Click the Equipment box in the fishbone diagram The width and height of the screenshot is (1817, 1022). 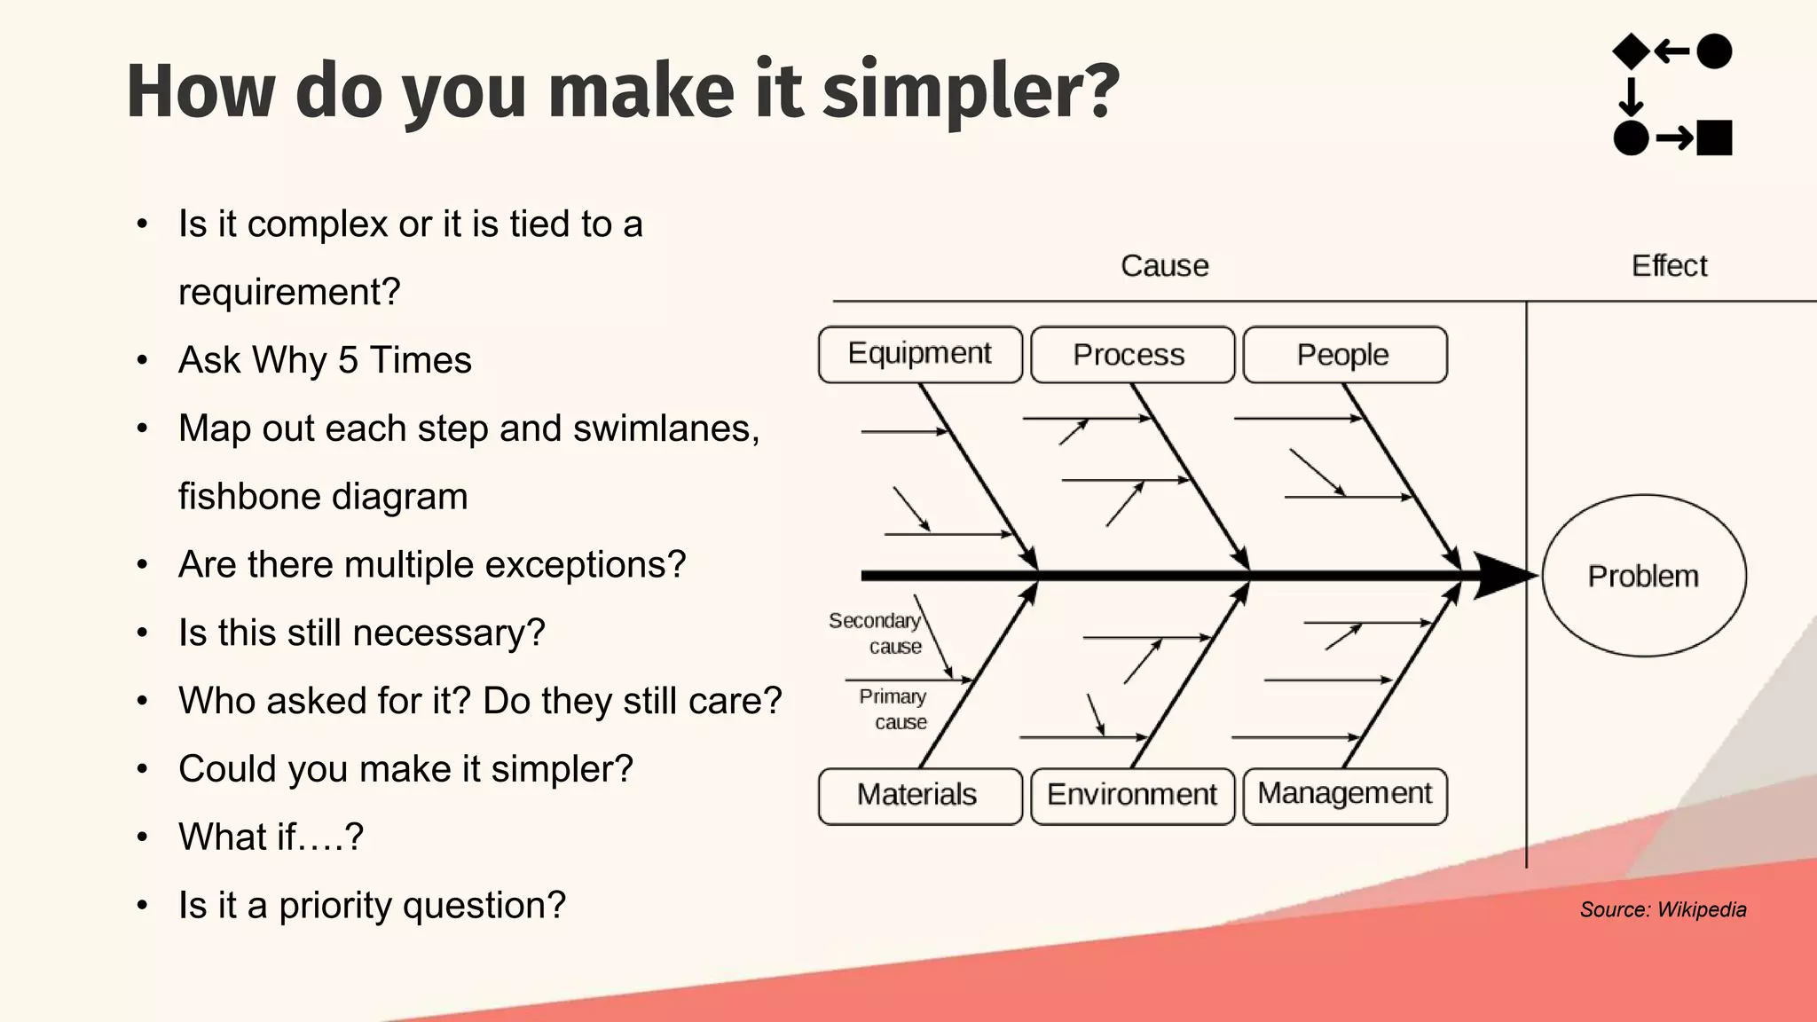pyautogui.click(x=920, y=354)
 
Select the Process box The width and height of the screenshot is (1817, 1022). pyautogui.click(x=1132, y=355)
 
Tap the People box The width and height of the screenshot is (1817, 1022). pyautogui.click(x=1344, y=355)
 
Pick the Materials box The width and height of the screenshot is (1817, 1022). pyautogui.click(x=919, y=795)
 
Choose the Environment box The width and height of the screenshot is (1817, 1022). pyautogui.click(x=1132, y=795)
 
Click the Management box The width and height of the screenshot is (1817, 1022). pyautogui.click(x=1344, y=795)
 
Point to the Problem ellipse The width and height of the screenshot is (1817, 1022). pyautogui.click(x=1643, y=577)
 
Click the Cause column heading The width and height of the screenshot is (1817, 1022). pyautogui.click(x=1164, y=266)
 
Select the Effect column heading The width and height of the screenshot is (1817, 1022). pyautogui.click(x=1669, y=266)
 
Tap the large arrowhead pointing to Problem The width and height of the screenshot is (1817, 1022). pyautogui.click(x=1504, y=576)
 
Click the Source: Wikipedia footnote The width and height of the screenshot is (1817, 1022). pyautogui.click(x=1663, y=909)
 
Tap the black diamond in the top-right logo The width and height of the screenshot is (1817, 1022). pyautogui.click(x=1631, y=51)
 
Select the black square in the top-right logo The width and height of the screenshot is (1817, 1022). pyautogui.click(x=1714, y=138)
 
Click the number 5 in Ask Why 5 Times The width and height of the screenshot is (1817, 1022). pyautogui.click(x=348, y=361)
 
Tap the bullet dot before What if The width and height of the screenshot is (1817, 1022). pyautogui.click(x=143, y=837)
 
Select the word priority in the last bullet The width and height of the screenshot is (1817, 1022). pyautogui.click(x=335, y=906)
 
